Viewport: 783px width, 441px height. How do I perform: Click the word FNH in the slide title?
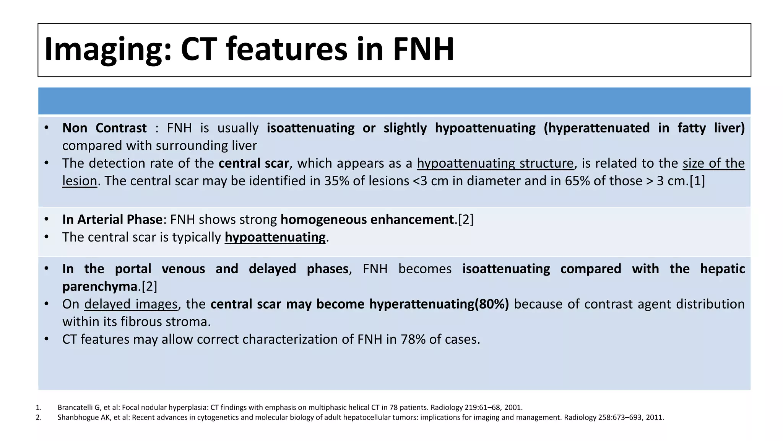coord(423,49)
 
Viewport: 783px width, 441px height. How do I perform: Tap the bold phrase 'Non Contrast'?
coord(104,128)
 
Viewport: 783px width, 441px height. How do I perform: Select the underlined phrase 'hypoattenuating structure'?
coord(495,163)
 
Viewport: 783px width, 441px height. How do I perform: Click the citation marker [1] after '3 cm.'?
coord(697,181)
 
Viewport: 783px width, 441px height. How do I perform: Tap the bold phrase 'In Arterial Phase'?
coord(112,219)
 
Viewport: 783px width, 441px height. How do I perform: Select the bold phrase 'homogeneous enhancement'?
coord(367,219)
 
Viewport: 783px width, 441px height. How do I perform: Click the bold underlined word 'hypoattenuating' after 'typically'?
coord(275,237)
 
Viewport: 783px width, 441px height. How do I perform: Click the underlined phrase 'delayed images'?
coord(131,304)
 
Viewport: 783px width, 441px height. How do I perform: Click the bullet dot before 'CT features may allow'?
coord(46,339)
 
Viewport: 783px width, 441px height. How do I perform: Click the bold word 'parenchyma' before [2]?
coord(100,286)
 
